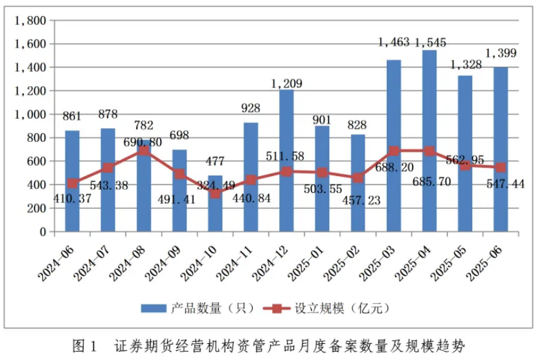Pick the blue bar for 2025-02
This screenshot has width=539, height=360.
358,207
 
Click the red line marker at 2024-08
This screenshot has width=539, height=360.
144,150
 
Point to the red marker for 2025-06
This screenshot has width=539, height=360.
501,167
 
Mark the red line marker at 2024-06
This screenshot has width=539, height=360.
73,183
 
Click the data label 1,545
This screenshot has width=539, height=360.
430,43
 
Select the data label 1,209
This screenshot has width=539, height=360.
286,83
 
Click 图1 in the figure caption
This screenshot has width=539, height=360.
85,344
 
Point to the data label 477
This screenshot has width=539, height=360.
215,161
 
